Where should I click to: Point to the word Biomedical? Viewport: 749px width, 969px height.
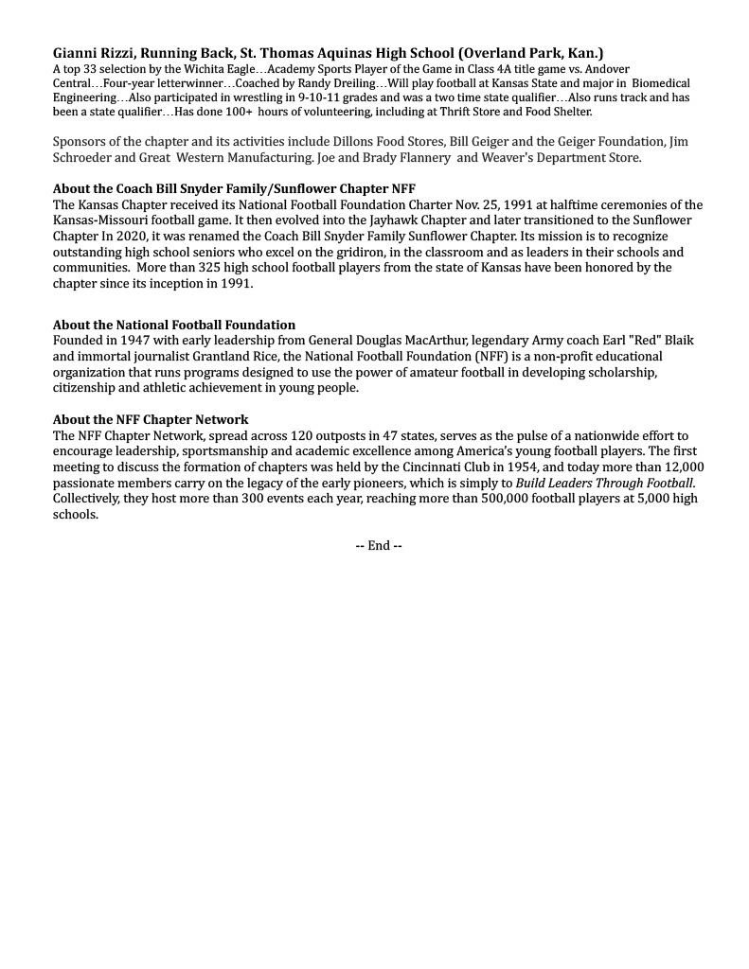tap(661, 83)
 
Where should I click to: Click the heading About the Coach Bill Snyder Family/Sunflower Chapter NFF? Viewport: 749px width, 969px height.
tap(234, 188)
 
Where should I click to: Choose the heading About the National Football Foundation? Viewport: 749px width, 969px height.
tap(174, 325)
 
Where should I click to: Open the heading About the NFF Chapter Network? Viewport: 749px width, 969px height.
tap(151, 419)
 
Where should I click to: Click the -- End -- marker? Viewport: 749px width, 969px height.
tap(379, 546)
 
